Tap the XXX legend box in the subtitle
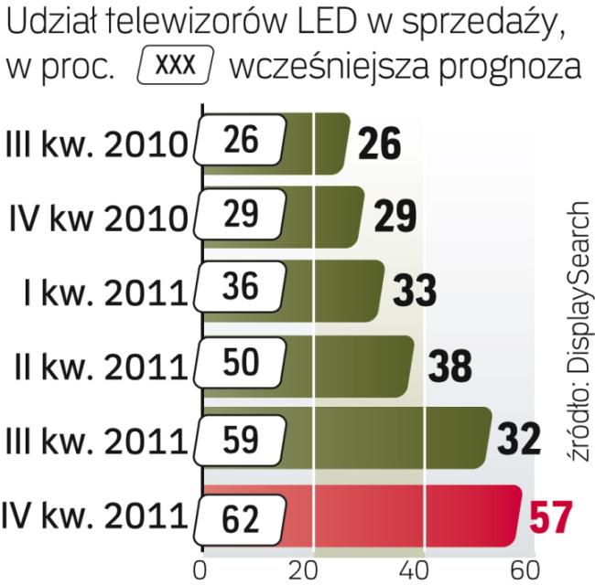[x=175, y=67]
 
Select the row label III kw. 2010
[x=96, y=144]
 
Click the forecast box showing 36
[x=240, y=287]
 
